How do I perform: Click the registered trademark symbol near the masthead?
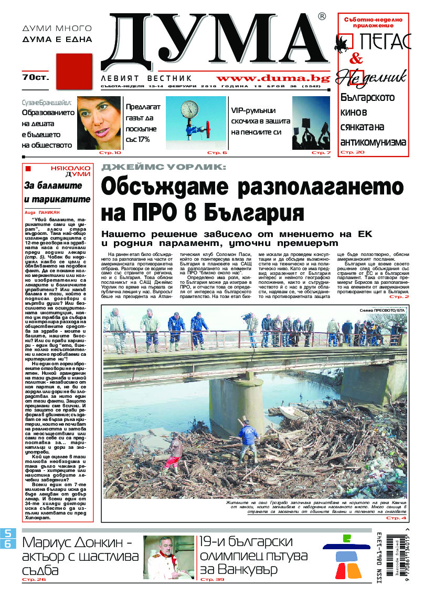click(x=322, y=17)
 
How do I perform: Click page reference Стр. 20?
click(x=352, y=152)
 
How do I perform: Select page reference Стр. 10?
click(x=110, y=152)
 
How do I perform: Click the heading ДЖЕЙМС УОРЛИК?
click(x=164, y=167)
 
